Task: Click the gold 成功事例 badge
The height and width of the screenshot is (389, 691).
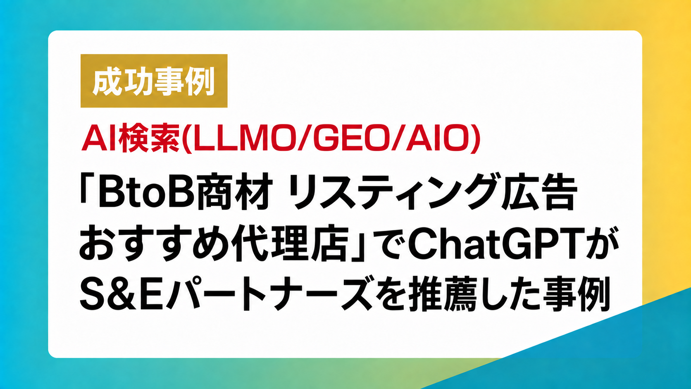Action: click(x=154, y=81)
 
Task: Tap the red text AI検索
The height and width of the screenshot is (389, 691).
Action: click(x=131, y=138)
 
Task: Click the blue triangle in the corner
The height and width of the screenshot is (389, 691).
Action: click(x=602, y=355)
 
